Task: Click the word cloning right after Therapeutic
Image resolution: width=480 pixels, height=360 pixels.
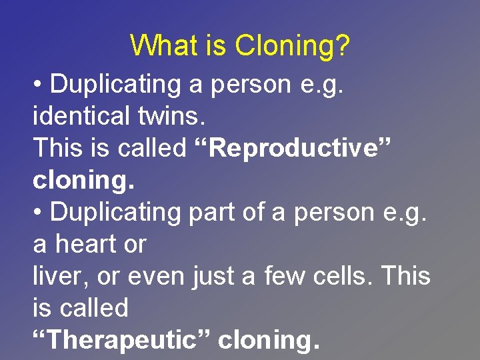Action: [x=269, y=339]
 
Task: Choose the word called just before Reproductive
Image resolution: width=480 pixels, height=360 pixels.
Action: [x=152, y=148]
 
